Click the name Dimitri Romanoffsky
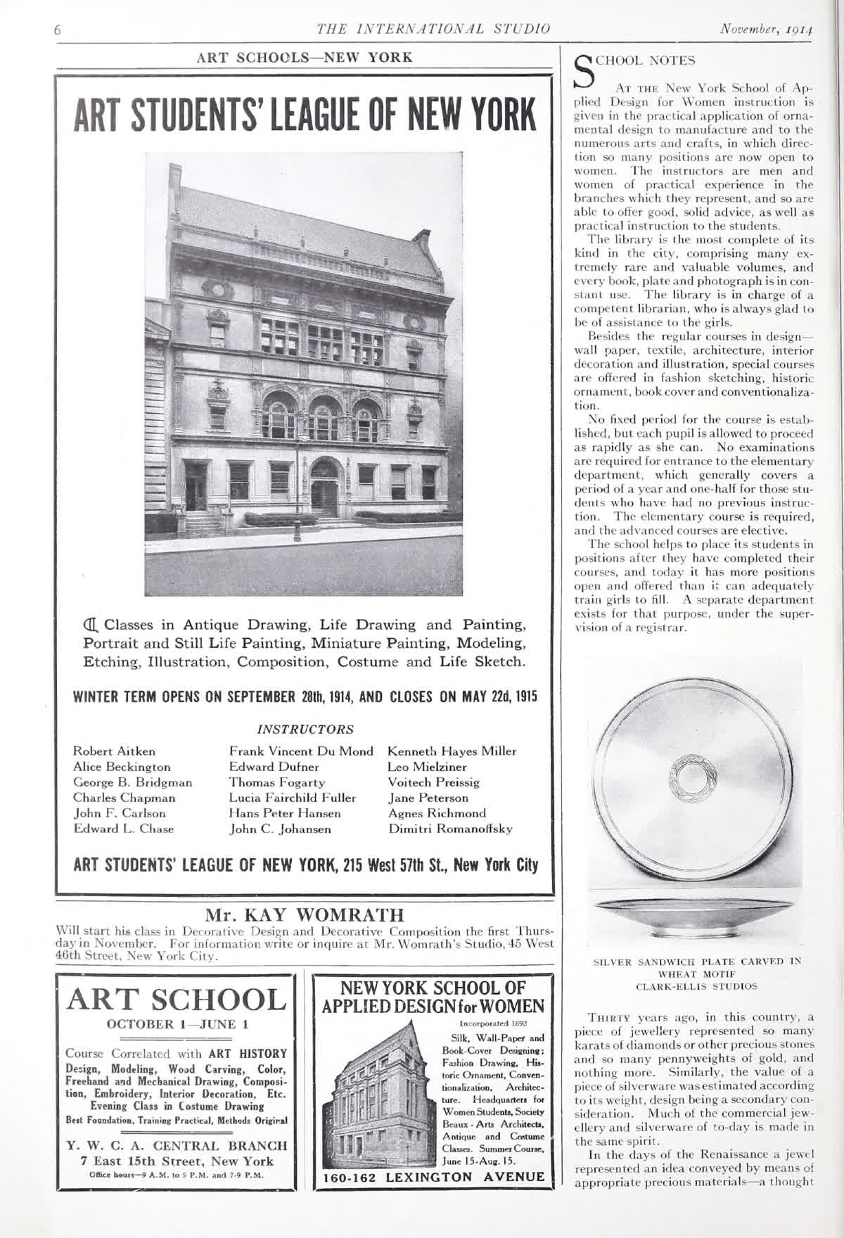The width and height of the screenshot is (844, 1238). click(x=450, y=829)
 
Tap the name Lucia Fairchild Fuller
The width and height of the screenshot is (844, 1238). click(x=293, y=798)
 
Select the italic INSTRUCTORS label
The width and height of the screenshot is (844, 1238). click(x=305, y=729)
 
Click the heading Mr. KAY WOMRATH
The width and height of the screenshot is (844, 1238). click(x=305, y=915)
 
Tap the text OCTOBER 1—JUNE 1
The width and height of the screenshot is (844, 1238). click(x=176, y=1024)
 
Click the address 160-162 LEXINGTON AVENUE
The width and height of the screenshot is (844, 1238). click(x=433, y=1177)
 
